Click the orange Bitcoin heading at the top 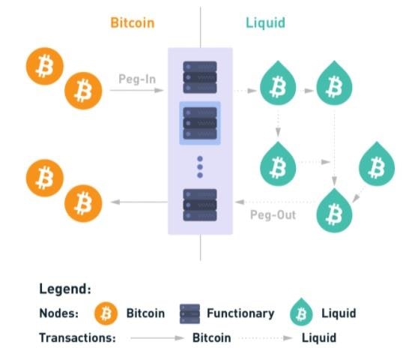tap(133, 22)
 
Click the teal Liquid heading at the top tap(265, 22)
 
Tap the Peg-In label tap(137, 79)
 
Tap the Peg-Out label tap(273, 214)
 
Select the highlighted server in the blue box tap(200, 123)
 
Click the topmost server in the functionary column tap(200, 77)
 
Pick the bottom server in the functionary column tap(200, 205)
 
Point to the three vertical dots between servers tap(200, 167)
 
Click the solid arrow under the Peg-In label tap(137, 90)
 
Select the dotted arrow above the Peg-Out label tap(276, 202)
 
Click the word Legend tap(65, 289)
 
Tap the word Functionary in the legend tap(240, 313)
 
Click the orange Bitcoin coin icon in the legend tap(106, 313)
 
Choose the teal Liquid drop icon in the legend tap(301, 312)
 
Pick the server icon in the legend tap(190, 313)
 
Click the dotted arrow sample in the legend tap(266, 338)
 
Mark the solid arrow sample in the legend tap(157, 338)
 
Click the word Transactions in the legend tap(77, 338)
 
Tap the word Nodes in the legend tap(58, 313)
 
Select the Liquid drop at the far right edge tap(377, 164)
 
